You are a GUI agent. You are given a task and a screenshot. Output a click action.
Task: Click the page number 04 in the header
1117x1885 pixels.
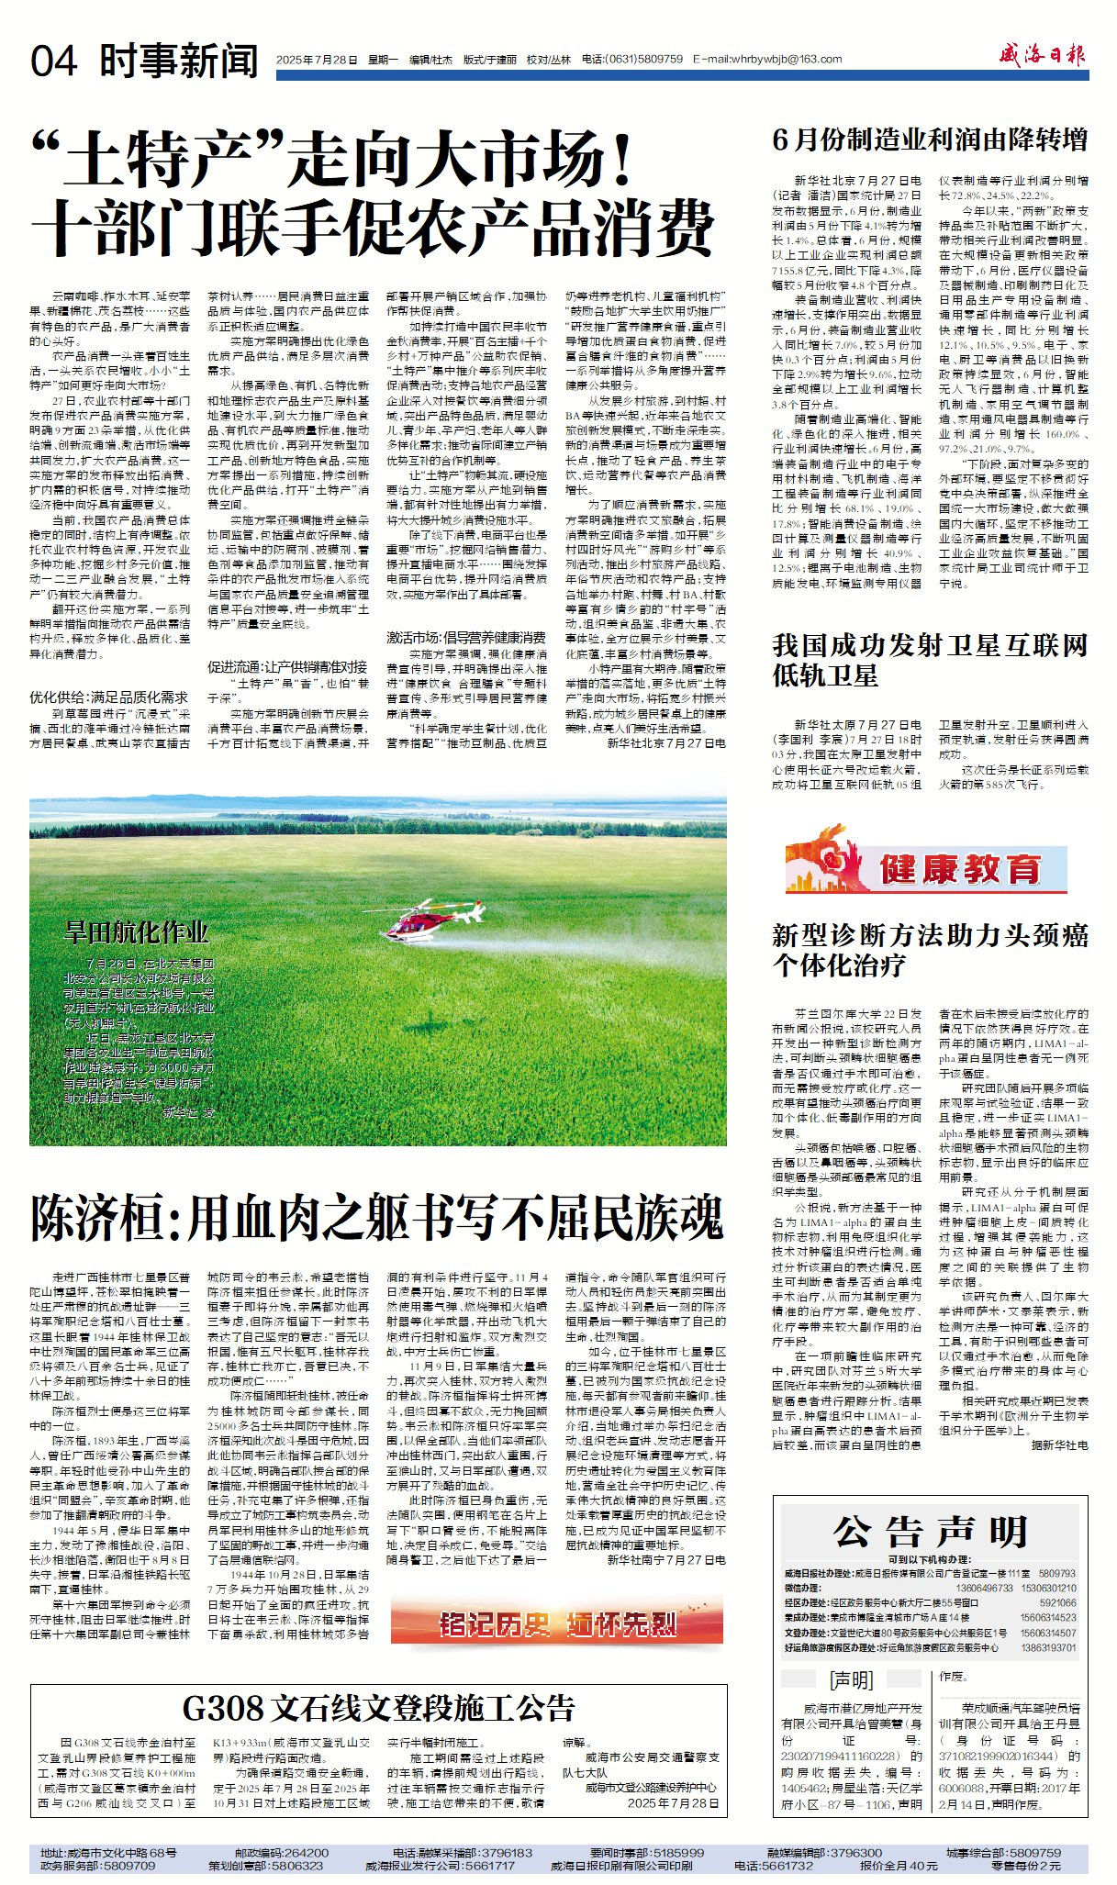(x=54, y=61)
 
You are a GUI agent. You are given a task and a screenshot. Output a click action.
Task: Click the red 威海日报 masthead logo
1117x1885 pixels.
(x=1043, y=55)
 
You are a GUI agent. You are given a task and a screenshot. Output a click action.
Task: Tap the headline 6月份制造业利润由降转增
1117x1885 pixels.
(x=930, y=139)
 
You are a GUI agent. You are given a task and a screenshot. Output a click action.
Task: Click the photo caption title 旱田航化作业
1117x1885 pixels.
(x=136, y=932)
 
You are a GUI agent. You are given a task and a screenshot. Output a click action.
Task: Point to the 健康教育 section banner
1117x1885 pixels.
(x=927, y=865)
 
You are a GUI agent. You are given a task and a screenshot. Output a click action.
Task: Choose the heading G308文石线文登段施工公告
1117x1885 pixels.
(x=378, y=1709)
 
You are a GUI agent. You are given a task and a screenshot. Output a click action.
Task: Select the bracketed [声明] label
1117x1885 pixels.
(x=851, y=1680)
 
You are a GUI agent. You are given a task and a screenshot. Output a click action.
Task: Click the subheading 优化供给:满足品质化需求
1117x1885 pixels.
(x=108, y=697)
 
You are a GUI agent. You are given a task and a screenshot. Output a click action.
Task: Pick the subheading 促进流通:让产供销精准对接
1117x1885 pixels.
(x=286, y=666)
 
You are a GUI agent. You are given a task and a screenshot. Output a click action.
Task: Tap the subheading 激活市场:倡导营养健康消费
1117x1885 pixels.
(x=465, y=638)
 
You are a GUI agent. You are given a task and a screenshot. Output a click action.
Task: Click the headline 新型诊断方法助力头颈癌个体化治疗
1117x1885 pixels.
(x=930, y=951)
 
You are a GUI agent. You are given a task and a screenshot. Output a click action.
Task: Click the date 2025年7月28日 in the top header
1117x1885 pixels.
(x=317, y=60)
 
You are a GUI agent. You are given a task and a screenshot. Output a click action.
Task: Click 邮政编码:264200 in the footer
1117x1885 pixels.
(x=274, y=1852)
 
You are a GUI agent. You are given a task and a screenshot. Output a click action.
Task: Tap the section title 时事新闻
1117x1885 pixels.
(x=179, y=61)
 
